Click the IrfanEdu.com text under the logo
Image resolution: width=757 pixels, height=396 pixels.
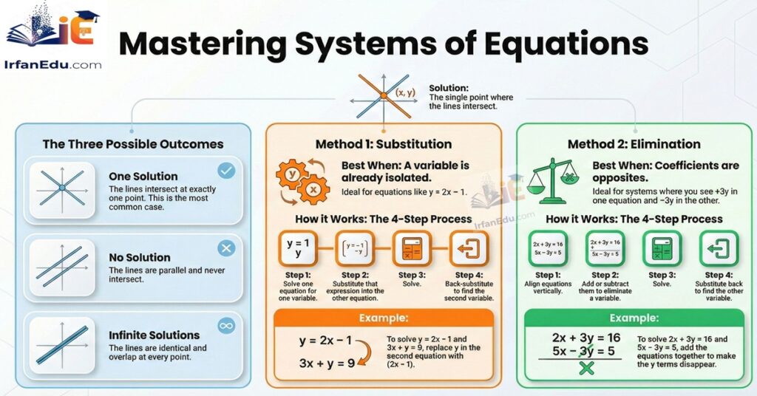(x=53, y=65)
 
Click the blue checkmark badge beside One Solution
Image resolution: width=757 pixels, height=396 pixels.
(x=226, y=171)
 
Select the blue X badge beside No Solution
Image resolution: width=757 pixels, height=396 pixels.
(x=226, y=248)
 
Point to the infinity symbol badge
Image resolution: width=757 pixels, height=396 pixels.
(x=226, y=325)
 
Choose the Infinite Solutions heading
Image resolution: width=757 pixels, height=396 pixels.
(x=154, y=335)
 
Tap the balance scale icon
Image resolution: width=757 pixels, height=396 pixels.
(x=554, y=177)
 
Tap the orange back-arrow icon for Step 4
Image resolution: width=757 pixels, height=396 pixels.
(x=467, y=249)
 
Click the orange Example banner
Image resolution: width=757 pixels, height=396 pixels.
(x=383, y=318)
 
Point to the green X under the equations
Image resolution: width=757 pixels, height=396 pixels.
(x=586, y=367)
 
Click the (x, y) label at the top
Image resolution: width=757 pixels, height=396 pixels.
(x=406, y=93)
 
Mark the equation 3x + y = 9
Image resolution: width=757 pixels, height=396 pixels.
(x=327, y=363)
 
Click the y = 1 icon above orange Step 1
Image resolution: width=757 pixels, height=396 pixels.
(x=298, y=249)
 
